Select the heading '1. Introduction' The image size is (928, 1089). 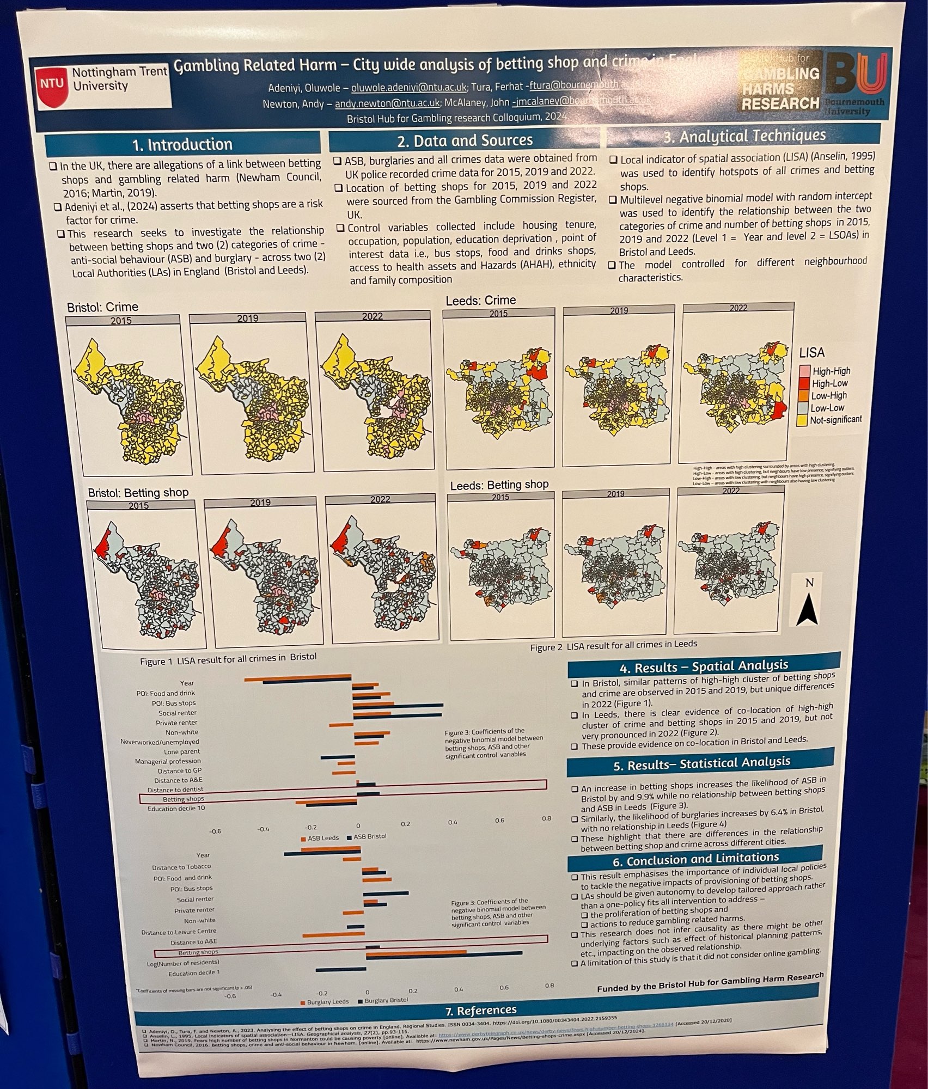pyautogui.click(x=182, y=145)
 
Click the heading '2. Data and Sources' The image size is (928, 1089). pyautogui.click(x=465, y=140)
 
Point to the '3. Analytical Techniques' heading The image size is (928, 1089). pyautogui.click(x=744, y=136)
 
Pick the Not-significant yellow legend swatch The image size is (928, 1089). pyautogui.click(x=801, y=420)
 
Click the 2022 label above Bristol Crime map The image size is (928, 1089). pyautogui.click(x=373, y=316)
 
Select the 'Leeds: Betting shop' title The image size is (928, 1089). pyautogui.click(x=499, y=484)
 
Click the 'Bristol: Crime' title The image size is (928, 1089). pyautogui.click(x=102, y=307)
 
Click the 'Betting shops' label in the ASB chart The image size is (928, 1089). pyautogui.click(x=183, y=799)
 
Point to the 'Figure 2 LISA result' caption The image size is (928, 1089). pyautogui.click(x=614, y=644)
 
